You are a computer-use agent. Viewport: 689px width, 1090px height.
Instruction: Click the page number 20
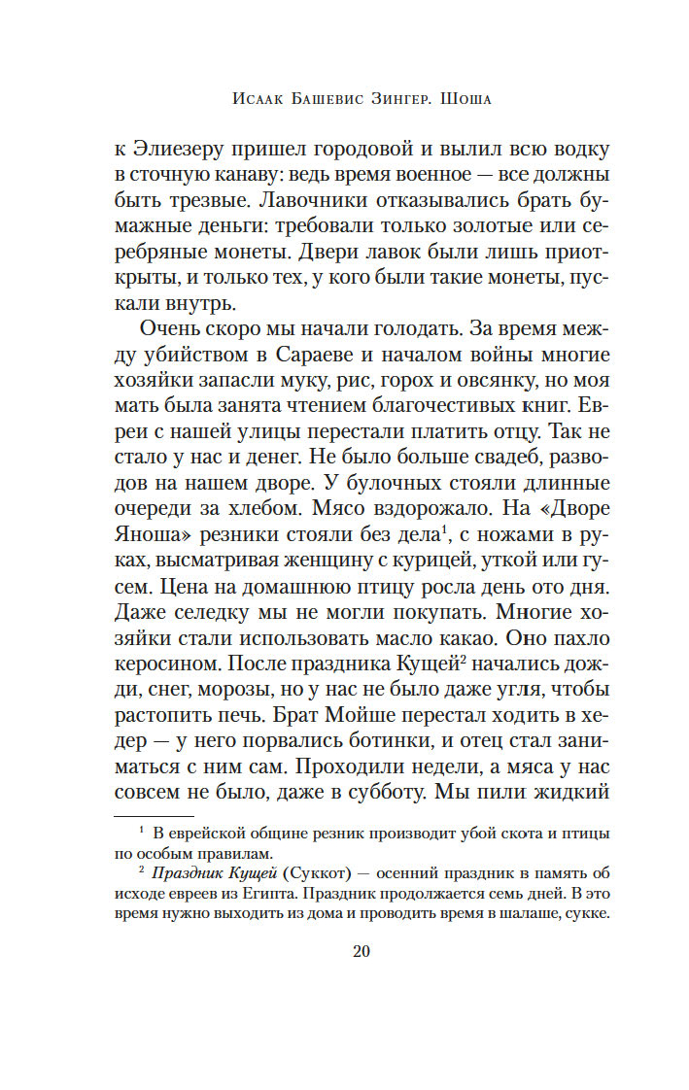[361, 951]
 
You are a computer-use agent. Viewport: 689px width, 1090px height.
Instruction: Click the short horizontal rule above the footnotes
[155, 815]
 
